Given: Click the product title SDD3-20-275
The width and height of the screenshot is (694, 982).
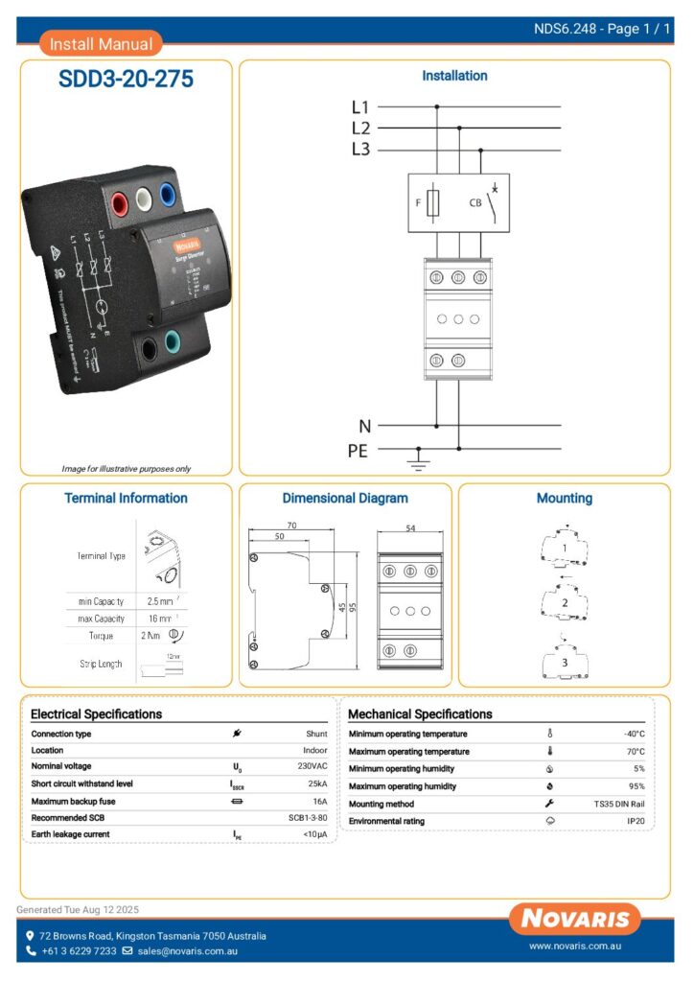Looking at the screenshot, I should pos(126,80).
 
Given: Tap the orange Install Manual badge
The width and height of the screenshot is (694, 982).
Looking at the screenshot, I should pos(101,43).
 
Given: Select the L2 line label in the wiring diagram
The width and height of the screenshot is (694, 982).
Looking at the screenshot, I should pos(360,128).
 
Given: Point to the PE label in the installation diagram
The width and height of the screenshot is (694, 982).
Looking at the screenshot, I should pos(357,449).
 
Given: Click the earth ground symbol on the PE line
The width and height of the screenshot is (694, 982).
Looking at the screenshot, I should pos(418,463).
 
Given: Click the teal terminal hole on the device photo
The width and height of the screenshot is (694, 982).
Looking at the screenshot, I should pos(174,340).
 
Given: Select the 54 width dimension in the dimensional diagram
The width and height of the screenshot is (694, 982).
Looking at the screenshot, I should pos(411,528).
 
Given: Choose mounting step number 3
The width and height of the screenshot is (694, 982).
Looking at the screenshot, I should pos(565,662).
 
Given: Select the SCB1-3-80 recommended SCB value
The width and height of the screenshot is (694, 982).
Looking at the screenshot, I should pos(308,818).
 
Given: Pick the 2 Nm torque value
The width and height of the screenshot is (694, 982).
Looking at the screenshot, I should pos(150,636).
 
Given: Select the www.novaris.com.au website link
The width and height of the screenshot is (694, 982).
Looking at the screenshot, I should pos(578,947).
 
